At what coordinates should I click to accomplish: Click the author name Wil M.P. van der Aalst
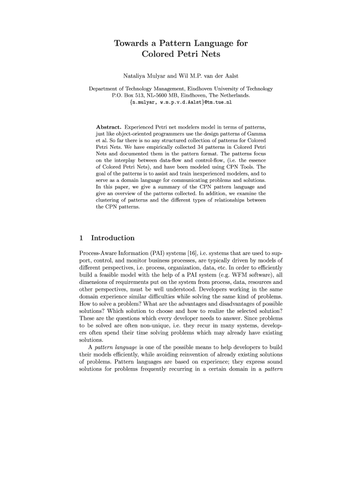(209, 76)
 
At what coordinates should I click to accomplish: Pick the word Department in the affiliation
(104, 88)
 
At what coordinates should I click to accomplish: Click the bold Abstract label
(108, 127)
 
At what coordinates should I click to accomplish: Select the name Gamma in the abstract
(257, 134)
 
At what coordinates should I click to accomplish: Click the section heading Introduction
(113, 238)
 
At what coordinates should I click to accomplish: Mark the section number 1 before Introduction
(82, 238)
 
